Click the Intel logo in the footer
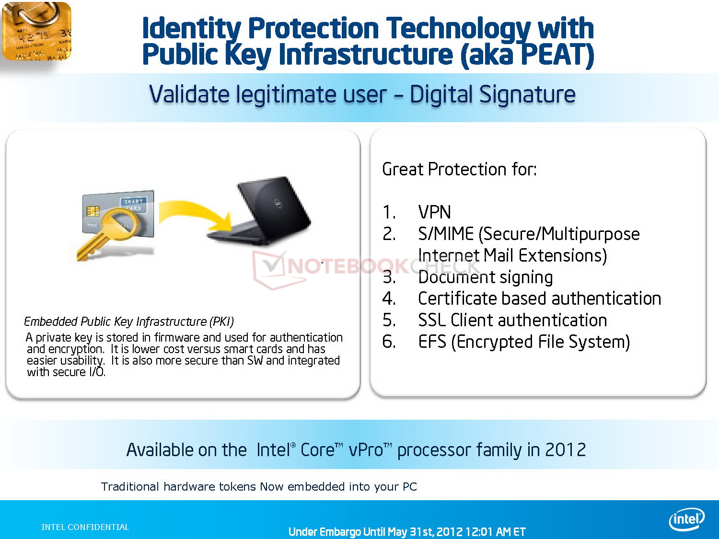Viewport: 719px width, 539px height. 686,519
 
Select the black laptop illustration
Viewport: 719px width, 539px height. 259,211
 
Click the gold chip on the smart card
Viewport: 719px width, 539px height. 93,211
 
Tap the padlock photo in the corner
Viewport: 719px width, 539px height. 36,31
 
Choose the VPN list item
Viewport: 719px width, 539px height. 434,212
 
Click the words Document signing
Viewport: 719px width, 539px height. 486,277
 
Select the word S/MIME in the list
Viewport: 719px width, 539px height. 446,234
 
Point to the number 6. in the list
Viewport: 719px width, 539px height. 389,342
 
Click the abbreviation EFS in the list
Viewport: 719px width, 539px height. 432,342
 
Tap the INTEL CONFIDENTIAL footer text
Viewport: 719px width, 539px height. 85,527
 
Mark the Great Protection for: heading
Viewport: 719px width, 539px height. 459,169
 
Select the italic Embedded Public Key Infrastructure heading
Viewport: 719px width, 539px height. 129,321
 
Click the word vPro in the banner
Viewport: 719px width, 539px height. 366,450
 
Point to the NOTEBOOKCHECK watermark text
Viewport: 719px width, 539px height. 383,266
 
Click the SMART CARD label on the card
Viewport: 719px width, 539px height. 133,205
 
